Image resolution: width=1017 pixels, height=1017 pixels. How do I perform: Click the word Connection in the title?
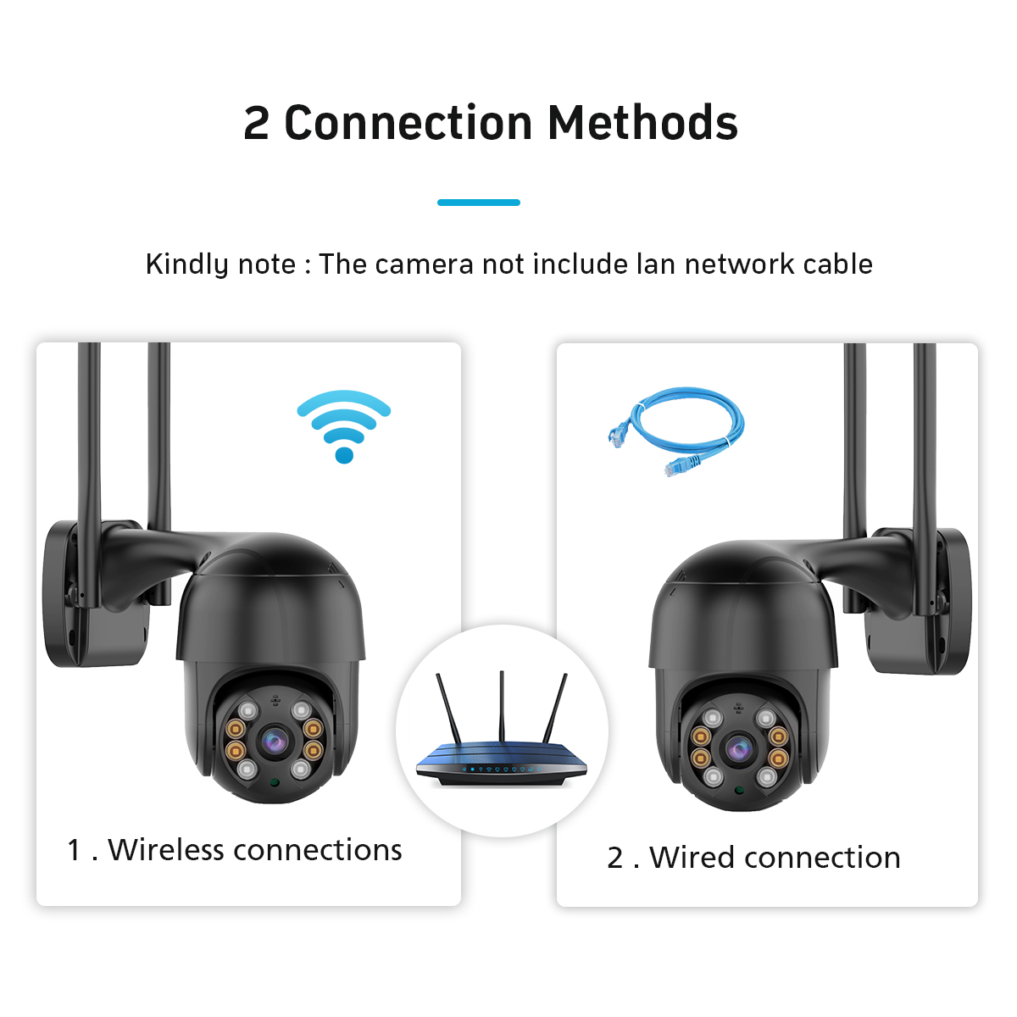click(x=408, y=123)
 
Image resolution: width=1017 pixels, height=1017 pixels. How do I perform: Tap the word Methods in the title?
click(x=642, y=123)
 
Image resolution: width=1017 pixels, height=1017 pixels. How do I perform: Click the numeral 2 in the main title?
click(x=256, y=124)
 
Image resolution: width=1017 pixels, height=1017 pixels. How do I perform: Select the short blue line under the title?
click(x=478, y=203)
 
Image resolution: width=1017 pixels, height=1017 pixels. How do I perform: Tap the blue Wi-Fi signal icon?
click(x=344, y=424)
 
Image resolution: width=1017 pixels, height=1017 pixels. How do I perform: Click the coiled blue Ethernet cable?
click(x=678, y=428)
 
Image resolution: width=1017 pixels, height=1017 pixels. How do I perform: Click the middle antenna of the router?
click(x=501, y=703)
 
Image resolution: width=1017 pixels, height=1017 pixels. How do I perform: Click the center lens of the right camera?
click(x=736, y=748)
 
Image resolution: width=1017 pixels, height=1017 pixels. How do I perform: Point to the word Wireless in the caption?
click(x=165, y=849)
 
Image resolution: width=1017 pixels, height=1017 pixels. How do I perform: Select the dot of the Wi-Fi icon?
click(x=344, y=455)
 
